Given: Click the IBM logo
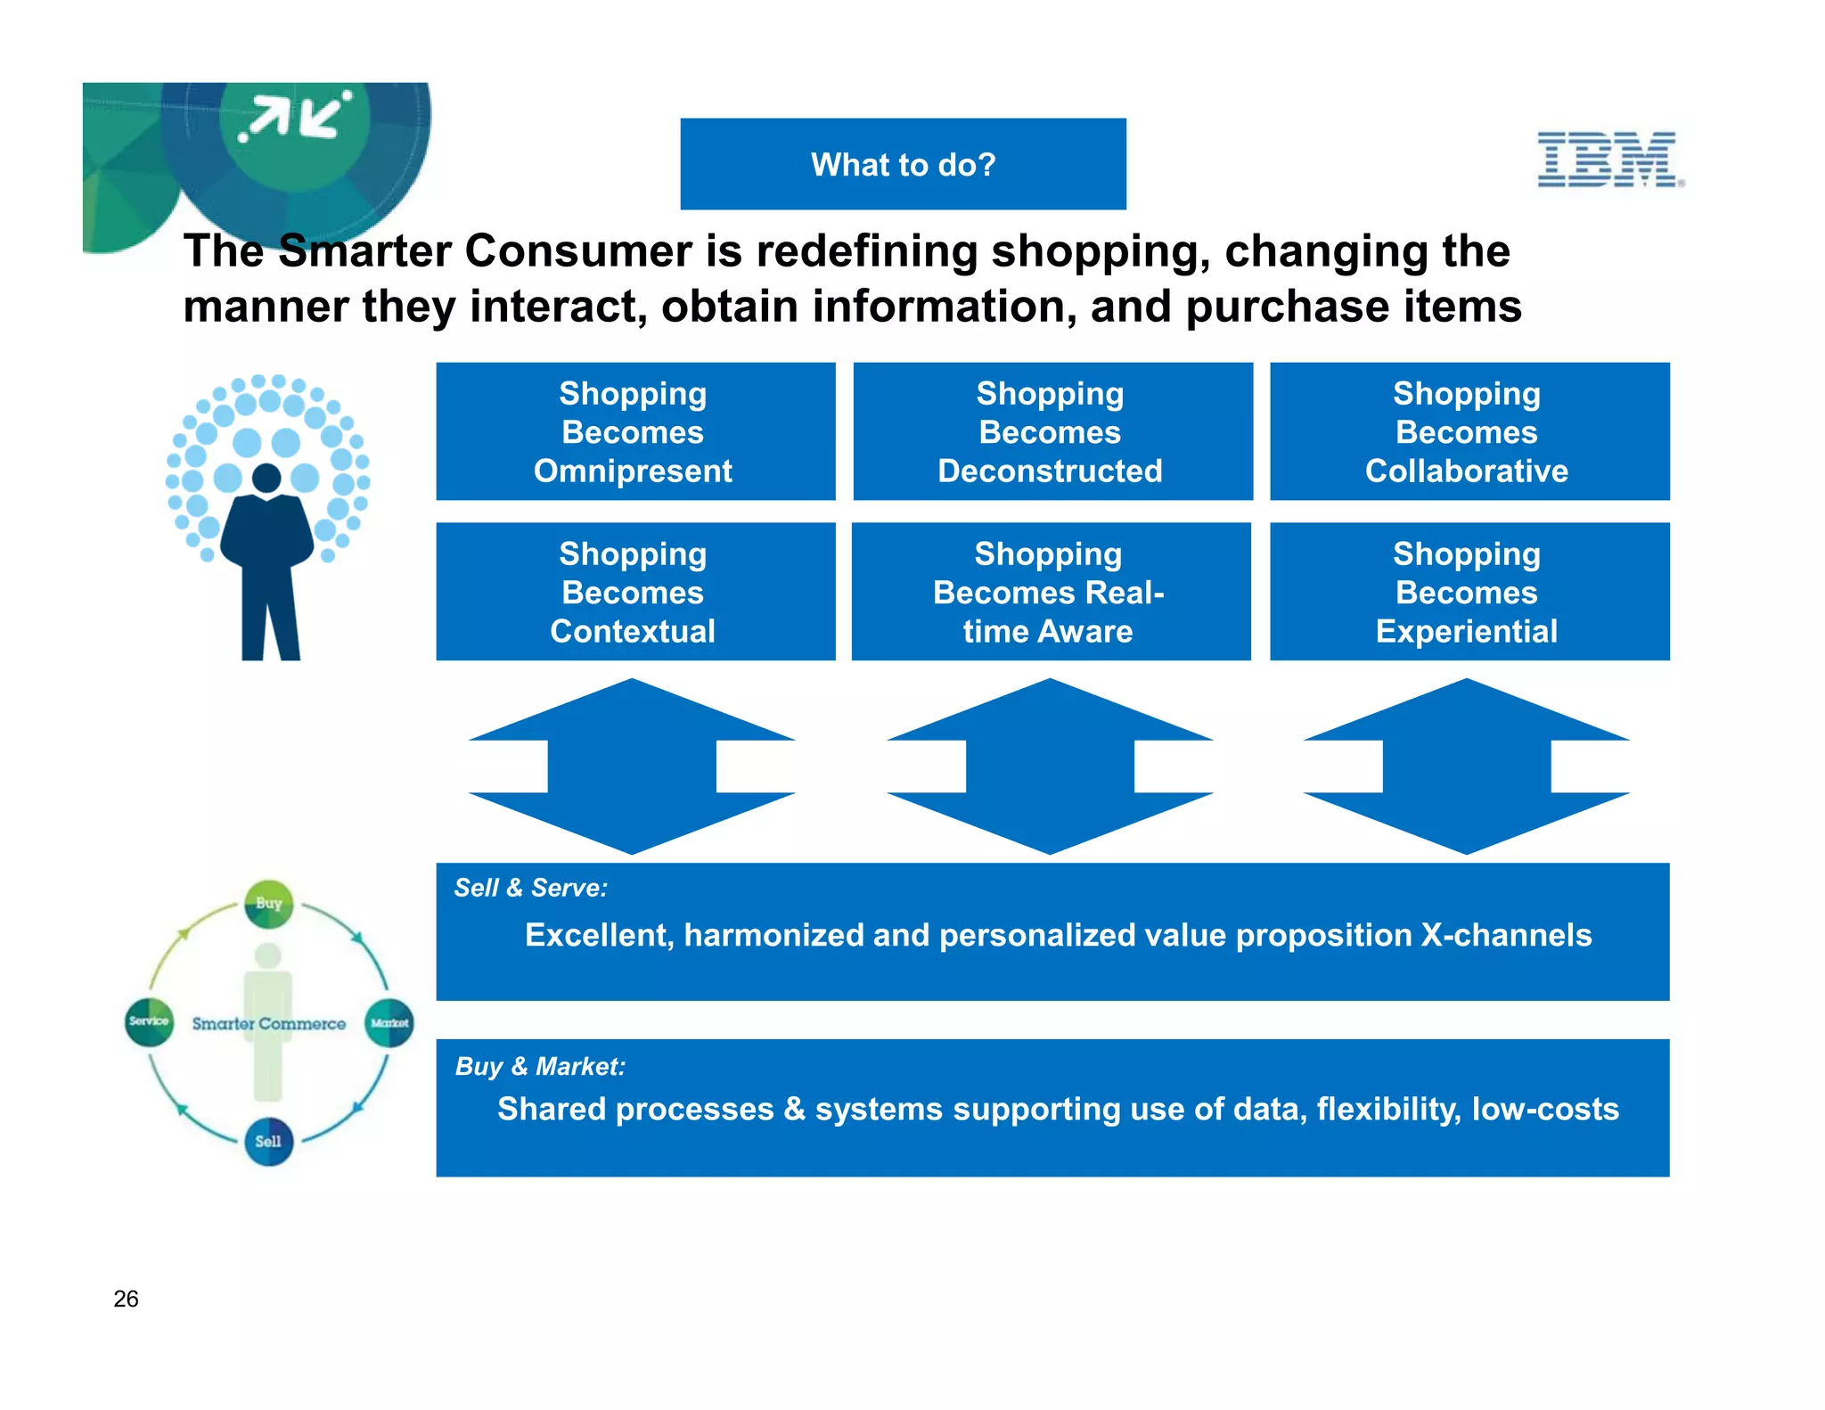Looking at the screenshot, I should pos(1609,160).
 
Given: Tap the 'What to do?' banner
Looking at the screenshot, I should pos(903,164).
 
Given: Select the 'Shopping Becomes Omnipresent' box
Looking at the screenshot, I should pos(635,431).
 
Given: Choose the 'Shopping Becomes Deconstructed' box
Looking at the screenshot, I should pos(1052,431).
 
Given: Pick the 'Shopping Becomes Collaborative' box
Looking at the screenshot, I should pos(1469,431).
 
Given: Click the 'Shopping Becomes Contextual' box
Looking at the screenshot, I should pos(635,592).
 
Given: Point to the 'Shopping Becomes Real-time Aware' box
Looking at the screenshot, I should pos(1051,592).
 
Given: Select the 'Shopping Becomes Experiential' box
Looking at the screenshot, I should pos(1469,592).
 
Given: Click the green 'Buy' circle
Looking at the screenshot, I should pos(268,904).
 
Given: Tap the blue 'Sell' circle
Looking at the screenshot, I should pos(268,1142).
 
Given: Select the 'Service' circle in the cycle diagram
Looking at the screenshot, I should pos(149,1022).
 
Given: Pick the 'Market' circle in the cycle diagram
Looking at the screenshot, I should pos(389,1023).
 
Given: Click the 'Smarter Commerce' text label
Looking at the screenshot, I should pos(268,1024).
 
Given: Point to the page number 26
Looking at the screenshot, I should pos(126,1299).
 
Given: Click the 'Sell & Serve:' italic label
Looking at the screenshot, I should pos(530,888).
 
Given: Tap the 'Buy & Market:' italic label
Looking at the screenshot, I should pos(540,1066).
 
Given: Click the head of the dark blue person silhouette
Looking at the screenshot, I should pos(266,479).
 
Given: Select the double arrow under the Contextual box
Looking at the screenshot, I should pos(632,766).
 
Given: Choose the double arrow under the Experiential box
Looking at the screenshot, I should pos(1466,766).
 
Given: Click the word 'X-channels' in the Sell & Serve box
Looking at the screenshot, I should pos(1505,935).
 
